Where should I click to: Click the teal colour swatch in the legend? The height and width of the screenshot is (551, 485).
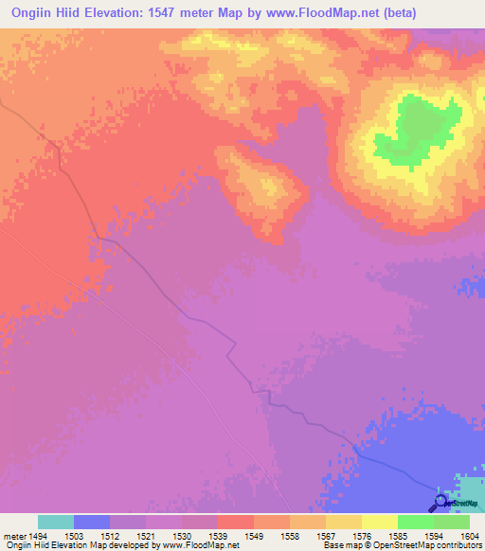click(56, 522)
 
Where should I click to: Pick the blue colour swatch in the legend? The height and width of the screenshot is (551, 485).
click(92, 522)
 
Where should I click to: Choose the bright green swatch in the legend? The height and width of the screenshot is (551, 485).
click(416, 522)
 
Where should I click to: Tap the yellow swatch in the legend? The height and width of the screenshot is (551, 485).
click(380, 522)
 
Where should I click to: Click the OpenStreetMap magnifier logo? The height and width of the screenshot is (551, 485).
click(439, 503)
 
